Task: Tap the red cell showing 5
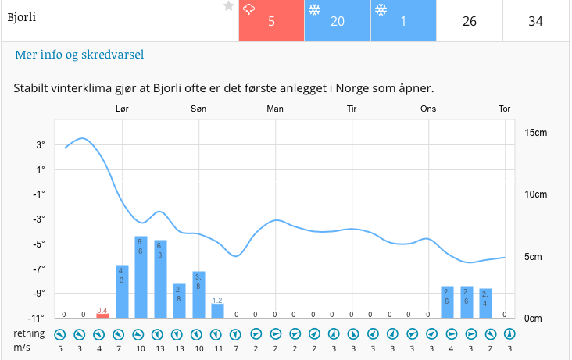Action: pos(271,21)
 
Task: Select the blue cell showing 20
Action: pos(337,21)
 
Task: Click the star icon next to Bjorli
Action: pos(228,6)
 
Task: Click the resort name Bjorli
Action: pos(22,16)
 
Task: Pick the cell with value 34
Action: pos(535,21)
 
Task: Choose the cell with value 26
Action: pos(469,21)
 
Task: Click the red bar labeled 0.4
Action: pos(102,315)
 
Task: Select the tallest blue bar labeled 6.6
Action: pos(141,277)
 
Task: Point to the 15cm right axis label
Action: pos(535,133)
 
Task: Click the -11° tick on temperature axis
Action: pos(36,317)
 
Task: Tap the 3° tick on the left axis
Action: pos(39,145)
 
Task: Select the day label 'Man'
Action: pos(275,109)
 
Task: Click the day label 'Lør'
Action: pos(122,109)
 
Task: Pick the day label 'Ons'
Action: pos(428,109)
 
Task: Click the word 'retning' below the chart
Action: pos(28,333)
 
